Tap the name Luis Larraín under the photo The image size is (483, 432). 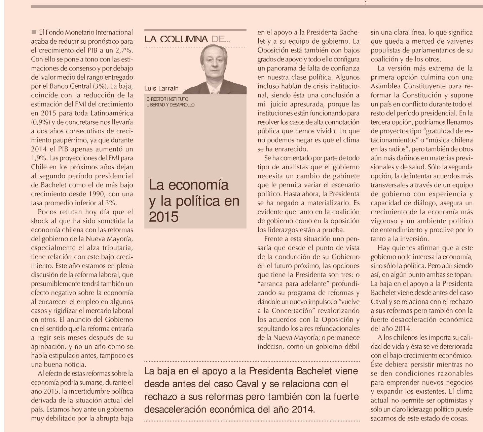coord(161,89)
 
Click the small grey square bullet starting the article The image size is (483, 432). coord(33,32)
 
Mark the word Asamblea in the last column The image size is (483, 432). coord(384,86)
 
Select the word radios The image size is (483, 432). coord(395,149)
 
